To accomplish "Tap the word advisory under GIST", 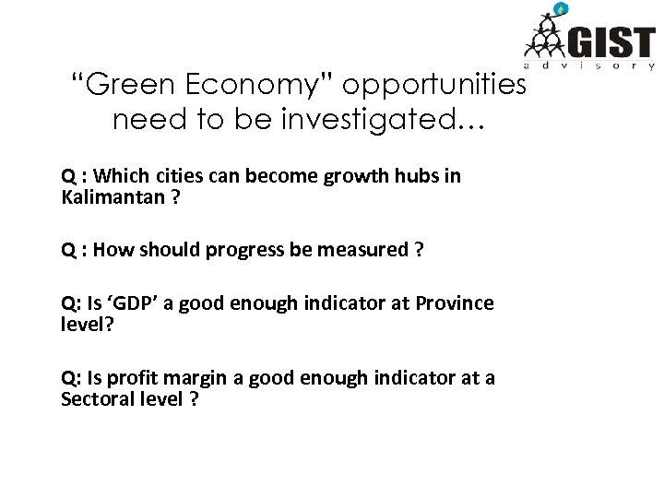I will pyautogui.click(x=589, y=67).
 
